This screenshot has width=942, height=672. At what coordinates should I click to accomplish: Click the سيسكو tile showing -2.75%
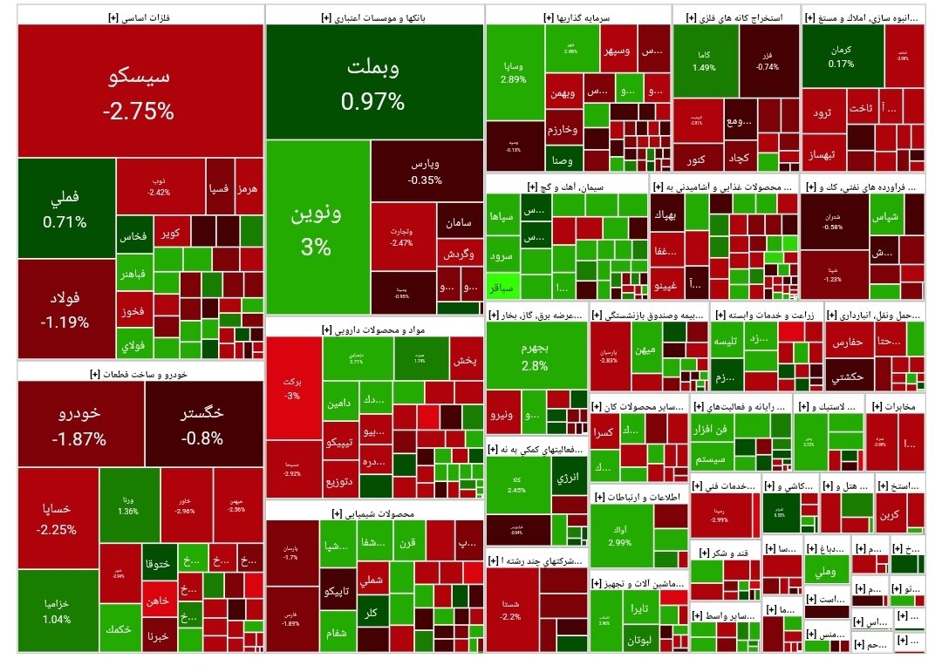click(x=140, y=92)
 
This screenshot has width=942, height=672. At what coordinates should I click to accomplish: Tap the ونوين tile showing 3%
click(x=317, y=228)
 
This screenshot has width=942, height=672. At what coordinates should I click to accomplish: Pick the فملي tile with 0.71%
click(x=66, y=209)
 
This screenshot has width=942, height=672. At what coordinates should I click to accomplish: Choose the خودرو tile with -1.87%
click(x=80, y=425)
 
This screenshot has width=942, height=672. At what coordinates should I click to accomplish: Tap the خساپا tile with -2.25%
click(x=57, y=518)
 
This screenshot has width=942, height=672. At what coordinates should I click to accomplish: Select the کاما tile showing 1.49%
click(x=704, y=60)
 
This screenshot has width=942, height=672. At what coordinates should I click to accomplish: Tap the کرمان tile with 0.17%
click(x=842, y=56)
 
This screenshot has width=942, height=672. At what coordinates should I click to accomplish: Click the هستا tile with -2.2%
click(x=511, y=609)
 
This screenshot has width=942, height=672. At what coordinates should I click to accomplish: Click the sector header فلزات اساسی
click(x=140, y=16)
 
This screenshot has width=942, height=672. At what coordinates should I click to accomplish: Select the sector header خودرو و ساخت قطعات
click(x=140, y=373)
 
